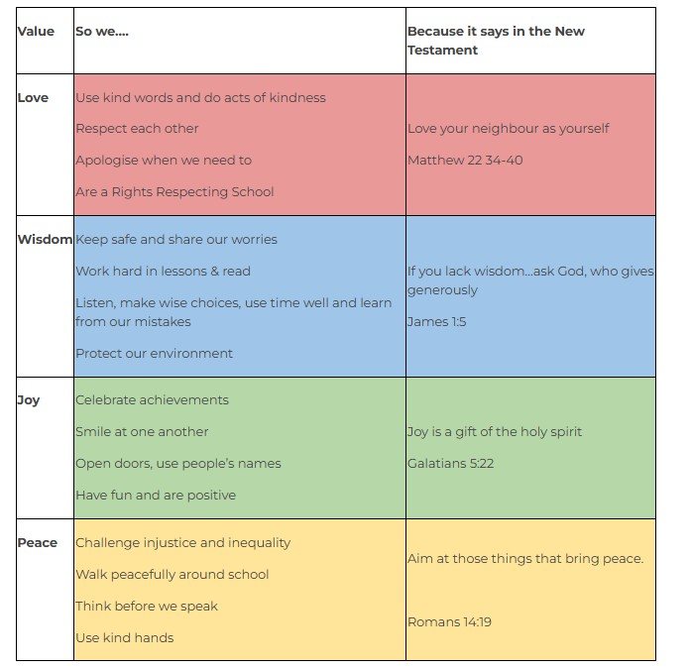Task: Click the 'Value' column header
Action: point(36,32)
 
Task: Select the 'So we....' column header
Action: point(102,32)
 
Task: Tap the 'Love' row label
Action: point(33,97)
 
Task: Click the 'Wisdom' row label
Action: point(45,239)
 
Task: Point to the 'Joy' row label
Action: point(29,400)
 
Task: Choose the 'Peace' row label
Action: point(38,542)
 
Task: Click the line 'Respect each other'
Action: point(137,129)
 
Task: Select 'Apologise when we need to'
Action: point(164,161)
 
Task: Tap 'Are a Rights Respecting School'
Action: point(174,192)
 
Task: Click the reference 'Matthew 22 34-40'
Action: point(465,161)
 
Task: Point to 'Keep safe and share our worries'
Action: point(176,239)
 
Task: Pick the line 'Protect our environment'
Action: point(155,353)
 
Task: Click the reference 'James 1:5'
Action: point(437,321)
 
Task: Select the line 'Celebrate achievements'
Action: point(152,399)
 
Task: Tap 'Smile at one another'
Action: point(142,431)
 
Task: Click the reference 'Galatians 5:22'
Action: point(451,463)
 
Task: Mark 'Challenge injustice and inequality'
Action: point(182,543)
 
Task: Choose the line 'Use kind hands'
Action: point(125,637)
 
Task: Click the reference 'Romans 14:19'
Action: point(449,621)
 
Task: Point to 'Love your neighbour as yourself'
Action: point(509,129)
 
